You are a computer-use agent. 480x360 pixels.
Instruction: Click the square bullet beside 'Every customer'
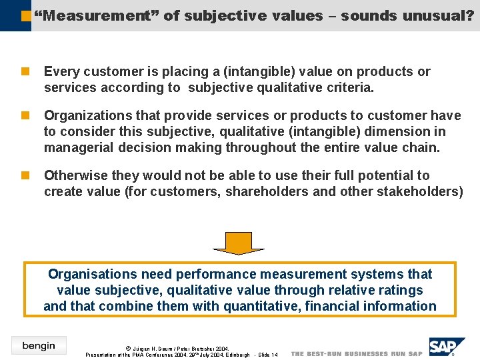[25, 71]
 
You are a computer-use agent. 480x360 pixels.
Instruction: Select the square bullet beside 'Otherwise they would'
[25, 175]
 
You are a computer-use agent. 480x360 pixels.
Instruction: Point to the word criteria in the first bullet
[351, 88]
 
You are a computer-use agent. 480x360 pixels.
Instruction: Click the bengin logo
[39, 345]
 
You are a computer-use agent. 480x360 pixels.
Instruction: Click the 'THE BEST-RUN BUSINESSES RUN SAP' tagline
[357, 354]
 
